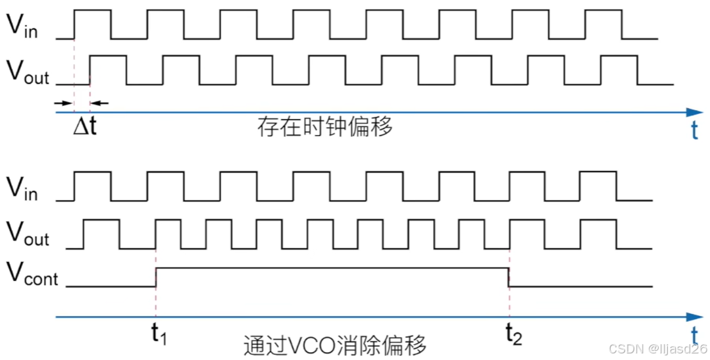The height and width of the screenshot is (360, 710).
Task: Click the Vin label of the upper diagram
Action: tap(22, 26)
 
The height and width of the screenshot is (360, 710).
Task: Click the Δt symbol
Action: tap(84, 126)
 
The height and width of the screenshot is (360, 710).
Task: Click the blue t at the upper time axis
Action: tap(694, 132)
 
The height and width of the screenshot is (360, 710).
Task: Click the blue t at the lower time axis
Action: tap(694, 336)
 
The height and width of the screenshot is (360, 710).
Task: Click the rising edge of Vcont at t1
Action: tap(156, 277)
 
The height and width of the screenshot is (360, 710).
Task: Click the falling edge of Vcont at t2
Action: tap(509, 277)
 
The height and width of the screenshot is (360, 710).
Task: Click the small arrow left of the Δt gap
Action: tap(64, 103)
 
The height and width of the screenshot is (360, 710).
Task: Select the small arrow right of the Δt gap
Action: tap(97, 103)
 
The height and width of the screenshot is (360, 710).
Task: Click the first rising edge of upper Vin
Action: tap(74, 24)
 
